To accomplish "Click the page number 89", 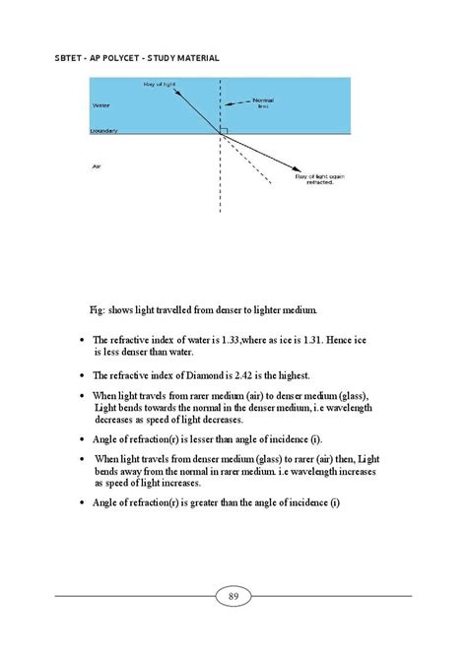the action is click(x=233, y=595).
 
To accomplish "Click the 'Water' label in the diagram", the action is click(x=100, y=104).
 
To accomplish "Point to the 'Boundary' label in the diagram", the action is click(x=103, y=130).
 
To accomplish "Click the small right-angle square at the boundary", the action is click(x=225, y=129).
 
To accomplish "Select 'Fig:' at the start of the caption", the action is click(x=97, y=309).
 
